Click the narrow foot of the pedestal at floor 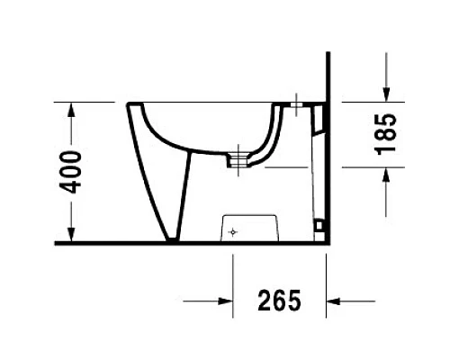click(x=174, y=238)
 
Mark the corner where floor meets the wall click(x=327, y=242)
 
